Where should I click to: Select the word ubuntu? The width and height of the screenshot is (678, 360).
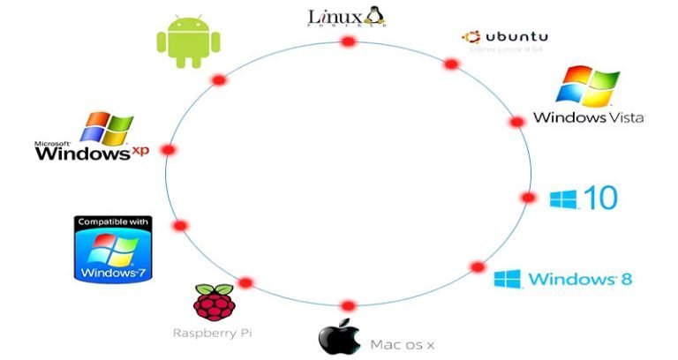click(516, 37)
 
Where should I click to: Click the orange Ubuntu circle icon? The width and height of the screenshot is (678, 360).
click(472, 37)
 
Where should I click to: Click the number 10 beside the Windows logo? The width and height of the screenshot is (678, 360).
click(600, 199)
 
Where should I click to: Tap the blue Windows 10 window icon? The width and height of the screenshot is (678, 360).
click(562, 199)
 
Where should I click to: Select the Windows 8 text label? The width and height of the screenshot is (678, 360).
click(580, 280)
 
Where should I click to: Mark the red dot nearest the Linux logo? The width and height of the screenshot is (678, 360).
click(348, 41)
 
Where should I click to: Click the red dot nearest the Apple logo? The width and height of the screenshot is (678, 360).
click(348, 305)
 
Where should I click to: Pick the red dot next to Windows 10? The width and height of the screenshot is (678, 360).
click(528, 198)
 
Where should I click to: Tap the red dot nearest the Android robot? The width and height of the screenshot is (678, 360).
click(219, 80)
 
